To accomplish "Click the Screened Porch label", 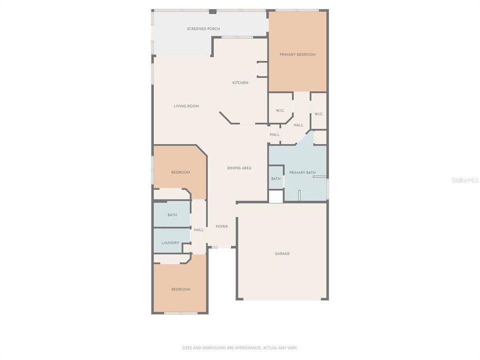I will coord(203,29).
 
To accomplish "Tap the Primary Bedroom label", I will coord(297,54).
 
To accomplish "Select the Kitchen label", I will coord(240,82).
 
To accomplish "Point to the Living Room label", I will coord(186,106).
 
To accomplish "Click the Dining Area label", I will coord(239,168).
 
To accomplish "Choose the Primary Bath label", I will coord(302,172).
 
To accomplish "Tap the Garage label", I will coord(282,253).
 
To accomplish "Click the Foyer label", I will coord(221,226).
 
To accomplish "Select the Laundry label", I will coord(170,243).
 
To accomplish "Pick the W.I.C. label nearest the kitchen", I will coord(280,110).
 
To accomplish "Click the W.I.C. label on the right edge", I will coord(319,114).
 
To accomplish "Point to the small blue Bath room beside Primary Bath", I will coord(276,178).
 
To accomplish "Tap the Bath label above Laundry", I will coord(172,215).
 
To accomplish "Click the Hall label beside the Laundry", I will coord(198,230).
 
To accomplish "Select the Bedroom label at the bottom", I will coord(180,289).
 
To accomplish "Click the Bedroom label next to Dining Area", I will coord(180,172).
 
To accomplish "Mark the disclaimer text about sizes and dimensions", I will coord(239,347).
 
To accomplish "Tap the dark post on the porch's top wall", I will coord(212,11).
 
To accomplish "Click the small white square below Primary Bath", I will coord(276,196).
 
